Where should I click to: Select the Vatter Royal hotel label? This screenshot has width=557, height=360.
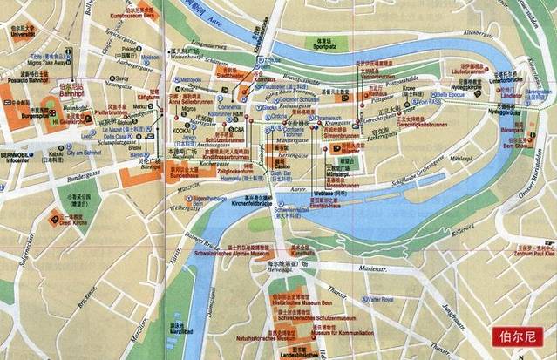point(377,300)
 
